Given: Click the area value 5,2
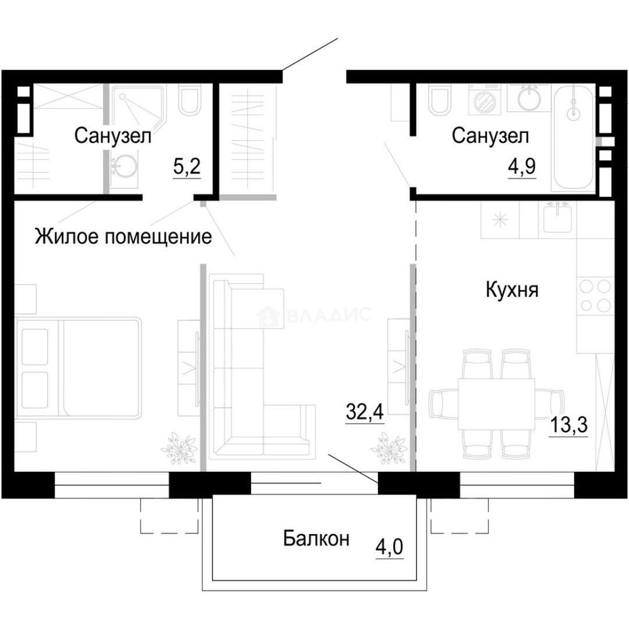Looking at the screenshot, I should (x=186, y=168).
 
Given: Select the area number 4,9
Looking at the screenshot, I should (x=522, y=168).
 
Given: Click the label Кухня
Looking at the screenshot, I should (x=512, y=290).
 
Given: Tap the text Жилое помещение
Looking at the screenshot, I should (x=123, y=237).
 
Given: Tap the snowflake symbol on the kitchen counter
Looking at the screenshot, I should (x=500, y=221).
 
